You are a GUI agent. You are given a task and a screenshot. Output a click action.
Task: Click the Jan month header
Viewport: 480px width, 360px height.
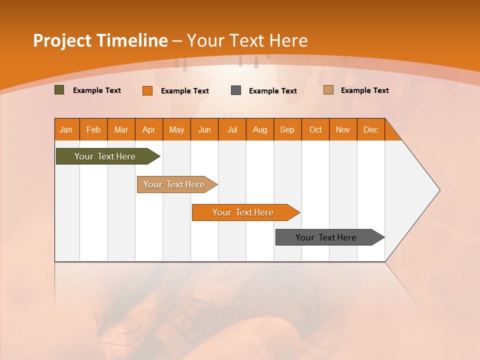click(66, 129)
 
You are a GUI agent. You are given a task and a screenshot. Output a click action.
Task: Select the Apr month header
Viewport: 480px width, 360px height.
click(148, 129)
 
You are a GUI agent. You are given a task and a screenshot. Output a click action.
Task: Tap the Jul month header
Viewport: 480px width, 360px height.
click(232, 129)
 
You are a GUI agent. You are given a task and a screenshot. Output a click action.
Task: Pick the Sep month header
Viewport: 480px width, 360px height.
click(287, 129)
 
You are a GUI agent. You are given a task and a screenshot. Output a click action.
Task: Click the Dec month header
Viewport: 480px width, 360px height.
click(370, 129)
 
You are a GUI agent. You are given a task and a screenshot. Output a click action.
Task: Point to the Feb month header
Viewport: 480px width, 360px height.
click(93, 129)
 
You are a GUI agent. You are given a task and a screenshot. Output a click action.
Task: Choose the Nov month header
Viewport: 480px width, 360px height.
click(342, 129)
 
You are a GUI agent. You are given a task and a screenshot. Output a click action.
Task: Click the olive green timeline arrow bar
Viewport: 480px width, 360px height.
click(105, 156)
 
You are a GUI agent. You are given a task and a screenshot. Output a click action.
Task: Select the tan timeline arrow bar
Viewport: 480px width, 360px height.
click(174, 184)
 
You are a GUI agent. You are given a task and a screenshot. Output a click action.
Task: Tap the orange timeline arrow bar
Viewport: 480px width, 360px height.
click(243, 212)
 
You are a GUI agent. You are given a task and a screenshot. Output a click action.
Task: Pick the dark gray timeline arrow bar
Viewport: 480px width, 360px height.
click(326, 237)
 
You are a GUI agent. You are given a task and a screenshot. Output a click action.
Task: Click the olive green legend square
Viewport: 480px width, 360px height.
click(59, 90)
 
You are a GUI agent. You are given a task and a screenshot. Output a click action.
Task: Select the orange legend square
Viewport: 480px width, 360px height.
click(147, 90)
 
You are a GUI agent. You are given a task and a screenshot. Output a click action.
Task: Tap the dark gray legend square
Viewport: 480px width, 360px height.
click(236, 90)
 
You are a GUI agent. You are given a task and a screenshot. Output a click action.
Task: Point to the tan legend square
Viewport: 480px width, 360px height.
click(328, 90)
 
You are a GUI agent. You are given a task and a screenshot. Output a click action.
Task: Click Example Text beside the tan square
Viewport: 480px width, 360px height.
click(364, 90)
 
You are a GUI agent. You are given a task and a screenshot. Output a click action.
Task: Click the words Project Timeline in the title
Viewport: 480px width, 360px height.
click(100, 40)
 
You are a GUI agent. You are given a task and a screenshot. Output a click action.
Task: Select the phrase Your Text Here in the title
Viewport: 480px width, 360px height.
click(247, 40)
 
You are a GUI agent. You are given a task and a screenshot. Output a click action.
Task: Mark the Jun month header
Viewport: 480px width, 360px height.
click(204, 129)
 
